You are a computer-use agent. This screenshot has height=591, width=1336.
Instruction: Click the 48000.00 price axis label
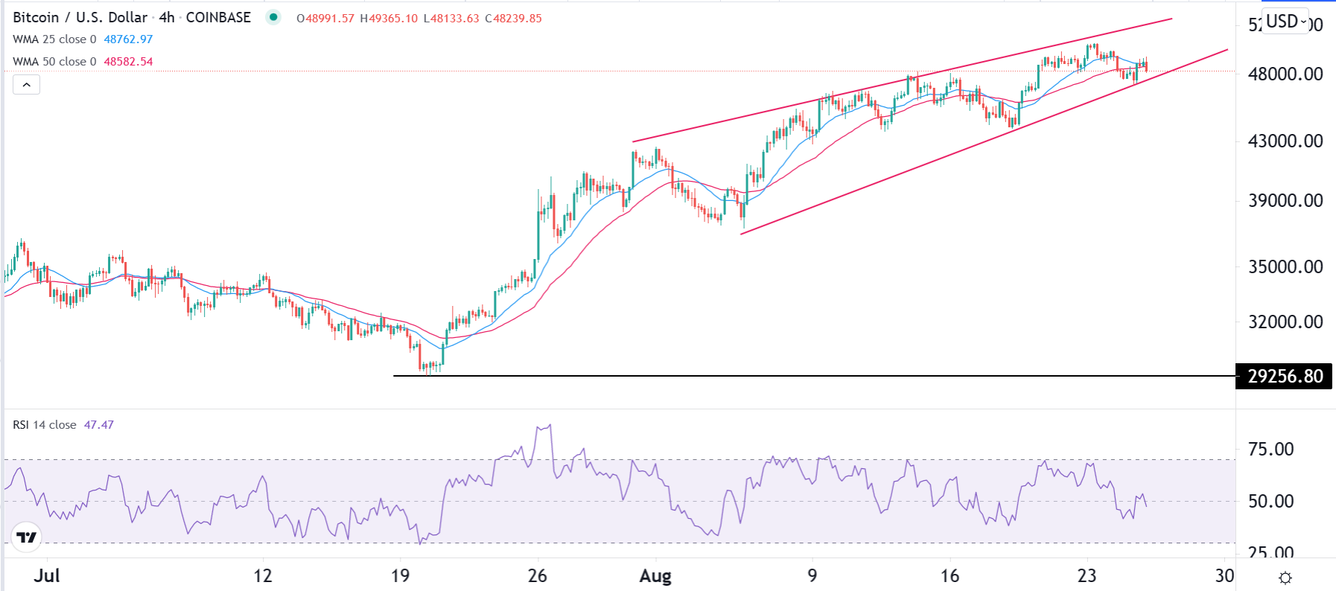pos(1285,74)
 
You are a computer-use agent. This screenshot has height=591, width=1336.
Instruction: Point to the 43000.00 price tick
pos(1285,141)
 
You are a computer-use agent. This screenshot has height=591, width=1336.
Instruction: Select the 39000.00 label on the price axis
pos(1285,200)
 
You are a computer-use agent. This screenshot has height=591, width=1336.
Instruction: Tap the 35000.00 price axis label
pos(1285,266)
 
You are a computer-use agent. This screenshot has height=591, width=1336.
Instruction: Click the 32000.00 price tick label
pos(1285,322)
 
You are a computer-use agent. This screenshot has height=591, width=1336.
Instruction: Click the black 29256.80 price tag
pos(1285,376)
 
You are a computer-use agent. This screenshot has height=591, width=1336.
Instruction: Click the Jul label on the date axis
pos(47,576)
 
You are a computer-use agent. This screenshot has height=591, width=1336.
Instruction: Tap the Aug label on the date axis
pos(655,576)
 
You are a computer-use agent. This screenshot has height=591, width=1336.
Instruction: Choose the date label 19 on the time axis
pos(400,576)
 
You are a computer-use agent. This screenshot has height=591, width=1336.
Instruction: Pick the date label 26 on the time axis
pos(537,576)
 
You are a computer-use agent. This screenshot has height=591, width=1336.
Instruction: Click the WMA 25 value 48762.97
pos(128,39)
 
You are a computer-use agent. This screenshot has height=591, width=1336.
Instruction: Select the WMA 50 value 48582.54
pos(128,62)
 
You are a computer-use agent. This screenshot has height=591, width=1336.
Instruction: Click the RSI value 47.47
pos(98,425)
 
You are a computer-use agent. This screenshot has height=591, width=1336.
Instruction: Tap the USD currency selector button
pos(1285,22)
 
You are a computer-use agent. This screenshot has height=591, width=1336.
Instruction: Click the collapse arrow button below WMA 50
pos(27,85)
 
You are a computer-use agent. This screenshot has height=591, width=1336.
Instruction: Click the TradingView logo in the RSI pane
pos(27,537)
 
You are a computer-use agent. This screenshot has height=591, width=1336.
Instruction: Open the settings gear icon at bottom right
pos(1285,578)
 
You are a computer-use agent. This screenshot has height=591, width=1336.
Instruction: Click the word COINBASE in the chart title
pos(218,17)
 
